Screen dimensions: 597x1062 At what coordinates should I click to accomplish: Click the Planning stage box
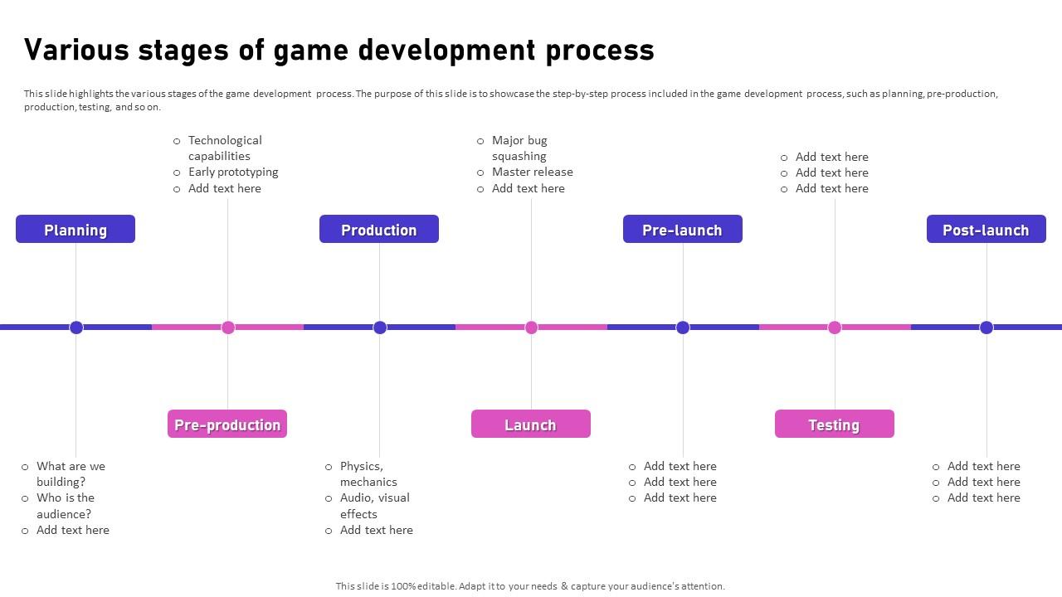coord(76,230)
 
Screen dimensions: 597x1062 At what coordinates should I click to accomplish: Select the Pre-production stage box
coord(227,425)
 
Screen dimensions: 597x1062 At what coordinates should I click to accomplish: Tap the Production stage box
coord(379,230)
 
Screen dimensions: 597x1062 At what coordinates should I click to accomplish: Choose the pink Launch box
coord(531,425)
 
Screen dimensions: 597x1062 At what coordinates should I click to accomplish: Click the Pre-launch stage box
coord(683,230)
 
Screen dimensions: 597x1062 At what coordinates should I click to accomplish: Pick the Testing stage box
coord(835,425)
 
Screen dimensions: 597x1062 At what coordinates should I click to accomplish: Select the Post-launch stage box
coord(986,230)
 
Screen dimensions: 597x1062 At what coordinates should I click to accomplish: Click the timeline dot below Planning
coord(76,328)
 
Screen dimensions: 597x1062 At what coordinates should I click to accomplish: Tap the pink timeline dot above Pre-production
coord(228,328)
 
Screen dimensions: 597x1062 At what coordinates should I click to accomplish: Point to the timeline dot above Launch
coord(532,328)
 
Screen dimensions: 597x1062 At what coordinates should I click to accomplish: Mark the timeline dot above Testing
coord(835,328)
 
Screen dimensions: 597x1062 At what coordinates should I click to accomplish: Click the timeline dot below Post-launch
coord(986,328)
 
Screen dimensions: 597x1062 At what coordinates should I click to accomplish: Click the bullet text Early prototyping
coord(233,172)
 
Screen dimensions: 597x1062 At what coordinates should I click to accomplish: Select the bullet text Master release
coord(532,172)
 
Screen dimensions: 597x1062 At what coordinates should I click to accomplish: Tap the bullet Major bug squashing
coord(519,148)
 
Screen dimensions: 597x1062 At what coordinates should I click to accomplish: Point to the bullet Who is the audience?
coord(65,506)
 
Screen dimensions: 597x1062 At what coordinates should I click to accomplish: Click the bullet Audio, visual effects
coord(374,506)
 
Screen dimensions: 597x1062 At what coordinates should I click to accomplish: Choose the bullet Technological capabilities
coord(224,148)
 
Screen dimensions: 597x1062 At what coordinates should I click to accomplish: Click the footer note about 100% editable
coord(530,585)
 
